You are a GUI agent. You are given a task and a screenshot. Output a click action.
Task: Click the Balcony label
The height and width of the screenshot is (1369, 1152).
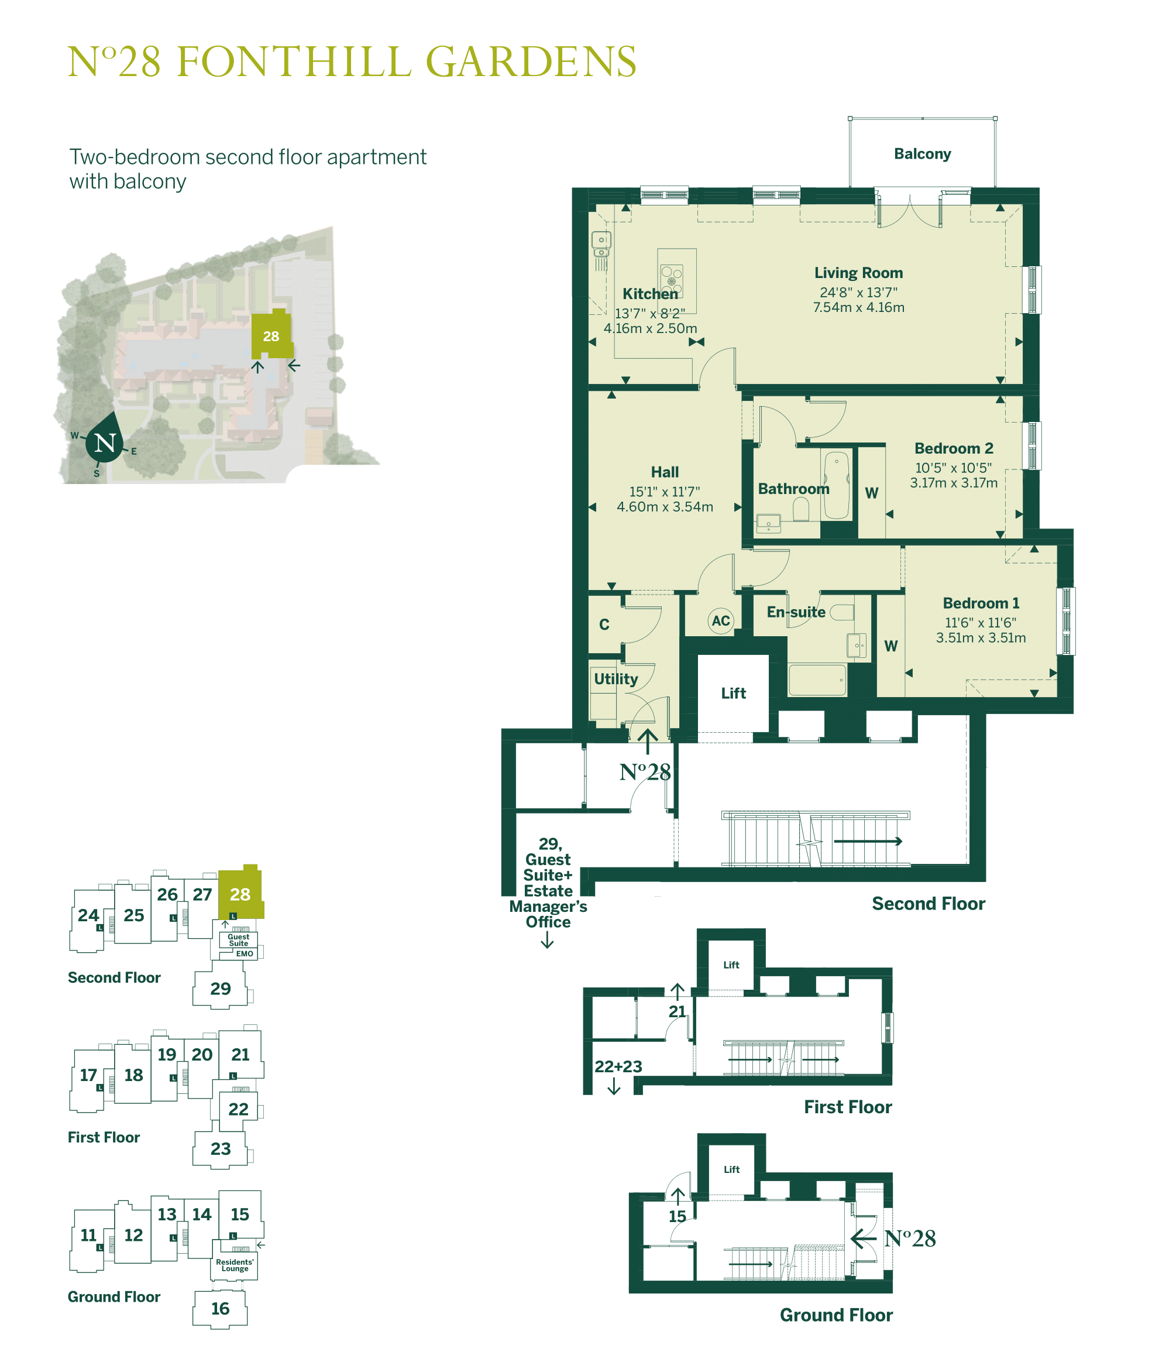921,154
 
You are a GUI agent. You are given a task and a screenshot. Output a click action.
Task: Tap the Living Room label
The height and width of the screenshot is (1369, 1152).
858,273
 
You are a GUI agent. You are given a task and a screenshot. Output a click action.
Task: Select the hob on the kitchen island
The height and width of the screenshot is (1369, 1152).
671,279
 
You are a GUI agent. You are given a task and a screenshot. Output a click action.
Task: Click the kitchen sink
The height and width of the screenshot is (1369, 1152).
601,245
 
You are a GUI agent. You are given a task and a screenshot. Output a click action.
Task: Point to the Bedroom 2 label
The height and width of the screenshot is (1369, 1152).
953,449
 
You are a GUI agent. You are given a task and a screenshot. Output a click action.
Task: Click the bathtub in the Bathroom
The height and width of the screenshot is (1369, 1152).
837,485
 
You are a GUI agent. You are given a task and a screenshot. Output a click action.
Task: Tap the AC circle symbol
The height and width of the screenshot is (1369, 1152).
720,620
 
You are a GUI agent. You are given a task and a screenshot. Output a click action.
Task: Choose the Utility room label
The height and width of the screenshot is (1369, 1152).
615,680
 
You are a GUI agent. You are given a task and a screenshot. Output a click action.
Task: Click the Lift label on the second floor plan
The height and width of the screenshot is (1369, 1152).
733,694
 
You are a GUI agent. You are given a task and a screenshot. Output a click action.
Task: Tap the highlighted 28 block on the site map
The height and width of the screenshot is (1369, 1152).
271,337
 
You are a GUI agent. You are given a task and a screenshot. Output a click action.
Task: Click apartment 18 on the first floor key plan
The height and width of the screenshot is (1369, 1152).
133,1076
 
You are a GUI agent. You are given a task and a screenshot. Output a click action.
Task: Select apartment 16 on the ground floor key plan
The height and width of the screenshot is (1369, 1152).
220,1309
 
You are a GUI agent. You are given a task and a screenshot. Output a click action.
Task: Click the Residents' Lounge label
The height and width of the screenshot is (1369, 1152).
235,1265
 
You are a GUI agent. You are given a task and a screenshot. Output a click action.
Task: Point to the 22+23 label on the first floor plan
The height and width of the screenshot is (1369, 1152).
618,1066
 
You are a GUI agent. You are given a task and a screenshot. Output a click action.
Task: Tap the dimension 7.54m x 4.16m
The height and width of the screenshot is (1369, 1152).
858,308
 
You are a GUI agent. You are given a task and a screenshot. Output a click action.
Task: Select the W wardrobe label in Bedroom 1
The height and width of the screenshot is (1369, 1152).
891,646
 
